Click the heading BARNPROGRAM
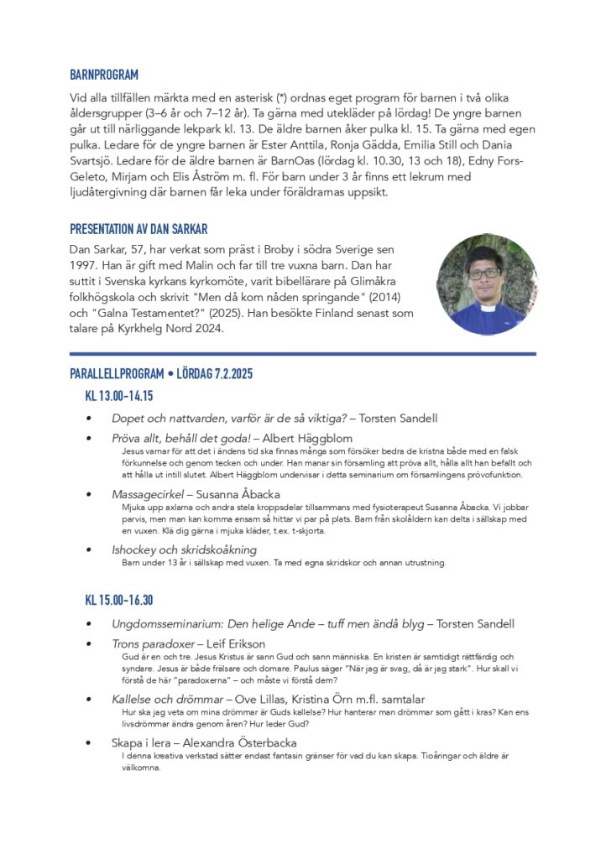(104, 75)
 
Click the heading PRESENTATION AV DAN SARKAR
(138, 228)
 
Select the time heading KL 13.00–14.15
(118, 395)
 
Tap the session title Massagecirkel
(150, 494)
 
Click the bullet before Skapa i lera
(90, 743)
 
